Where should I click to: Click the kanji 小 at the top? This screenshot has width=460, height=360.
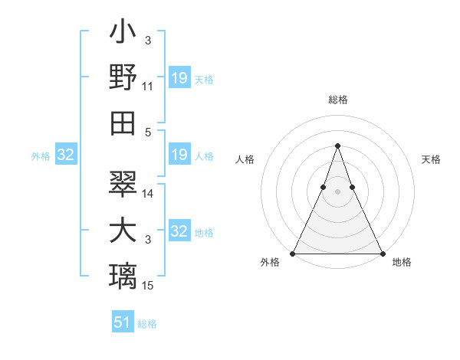click(123, 35)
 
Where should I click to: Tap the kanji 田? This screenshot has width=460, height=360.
click(123, 122)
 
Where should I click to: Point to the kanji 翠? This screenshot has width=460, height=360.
click(123, 185)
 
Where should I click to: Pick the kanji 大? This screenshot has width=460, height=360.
click(123, 231)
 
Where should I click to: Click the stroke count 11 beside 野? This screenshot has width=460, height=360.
click(148, 87)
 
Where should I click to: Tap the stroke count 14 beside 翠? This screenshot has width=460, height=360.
click(148, 194)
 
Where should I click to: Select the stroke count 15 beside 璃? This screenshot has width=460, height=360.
click(148, 286)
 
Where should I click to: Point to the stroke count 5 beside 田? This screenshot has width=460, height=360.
click(148, 132)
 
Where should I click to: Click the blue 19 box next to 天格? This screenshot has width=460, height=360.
click(179, 78)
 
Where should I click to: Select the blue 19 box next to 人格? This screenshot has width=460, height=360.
click(179, 155)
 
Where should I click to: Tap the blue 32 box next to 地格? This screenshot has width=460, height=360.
click(179, 232)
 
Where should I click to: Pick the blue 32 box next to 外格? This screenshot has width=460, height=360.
click(65, 155)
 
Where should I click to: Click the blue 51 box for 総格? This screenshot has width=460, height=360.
click(123, 322)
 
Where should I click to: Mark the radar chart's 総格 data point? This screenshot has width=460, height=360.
click(337, 146)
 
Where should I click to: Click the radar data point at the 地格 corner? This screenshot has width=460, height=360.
click(382, 254)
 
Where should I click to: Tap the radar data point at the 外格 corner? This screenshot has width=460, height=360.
click(293, 254)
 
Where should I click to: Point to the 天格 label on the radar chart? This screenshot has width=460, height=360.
click(431, 159)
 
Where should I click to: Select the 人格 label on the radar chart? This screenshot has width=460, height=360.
click(245, 159)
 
